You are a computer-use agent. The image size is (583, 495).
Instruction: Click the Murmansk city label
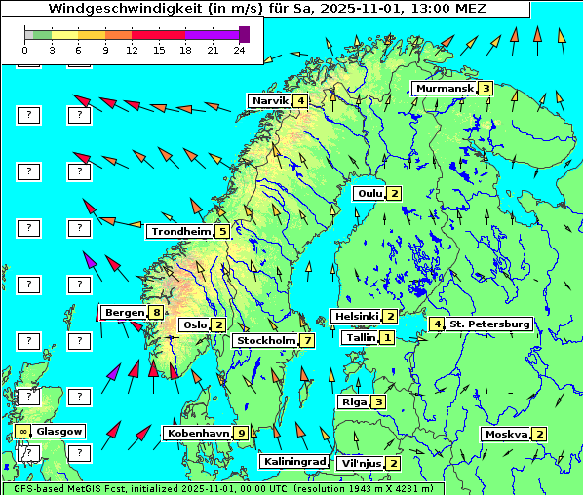444,89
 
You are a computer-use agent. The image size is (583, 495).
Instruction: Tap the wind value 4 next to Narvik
301,101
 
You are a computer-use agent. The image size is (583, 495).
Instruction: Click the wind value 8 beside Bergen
156,313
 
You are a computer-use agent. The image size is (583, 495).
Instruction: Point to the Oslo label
194,325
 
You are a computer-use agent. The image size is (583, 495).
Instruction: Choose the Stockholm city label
265,341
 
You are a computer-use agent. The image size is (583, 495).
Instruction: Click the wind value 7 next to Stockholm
307,341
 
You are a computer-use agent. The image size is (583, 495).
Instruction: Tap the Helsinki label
356,317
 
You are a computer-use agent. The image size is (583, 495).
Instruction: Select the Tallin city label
361,338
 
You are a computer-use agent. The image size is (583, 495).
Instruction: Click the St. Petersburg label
489,324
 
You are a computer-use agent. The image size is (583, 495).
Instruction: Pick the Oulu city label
369,193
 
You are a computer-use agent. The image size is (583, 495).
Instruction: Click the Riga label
353,402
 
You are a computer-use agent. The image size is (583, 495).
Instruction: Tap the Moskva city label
506,435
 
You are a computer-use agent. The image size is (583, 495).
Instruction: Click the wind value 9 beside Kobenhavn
241,433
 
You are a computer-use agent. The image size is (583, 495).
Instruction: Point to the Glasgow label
59,431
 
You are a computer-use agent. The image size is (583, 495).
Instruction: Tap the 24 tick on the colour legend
240,50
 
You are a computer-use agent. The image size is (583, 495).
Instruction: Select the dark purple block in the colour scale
244,34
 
